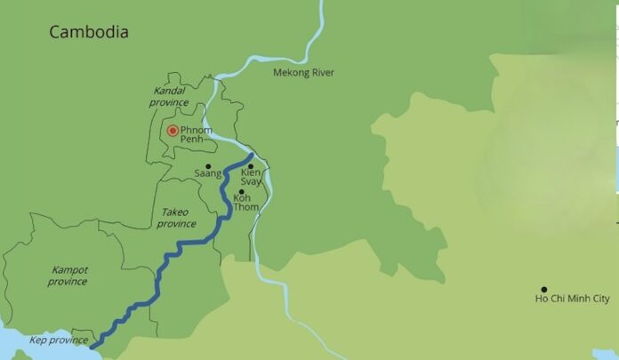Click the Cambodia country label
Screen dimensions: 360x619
[x=89, y=32]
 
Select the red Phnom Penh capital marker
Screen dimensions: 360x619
[x=173, y=131]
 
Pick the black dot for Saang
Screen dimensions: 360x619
[x=208, y=166]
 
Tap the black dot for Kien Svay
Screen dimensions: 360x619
[x=251, y=166]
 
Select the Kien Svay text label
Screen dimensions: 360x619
[x=252, y=177]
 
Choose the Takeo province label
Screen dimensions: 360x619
[x=178, y=218]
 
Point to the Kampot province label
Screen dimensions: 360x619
[x=68, y=276]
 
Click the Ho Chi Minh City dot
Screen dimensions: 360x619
[x=543, y=290]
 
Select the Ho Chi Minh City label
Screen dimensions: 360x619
[x=573, y=300]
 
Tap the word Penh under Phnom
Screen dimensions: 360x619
[x=192, y=140]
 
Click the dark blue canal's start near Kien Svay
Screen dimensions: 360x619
[x=253, y=156]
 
